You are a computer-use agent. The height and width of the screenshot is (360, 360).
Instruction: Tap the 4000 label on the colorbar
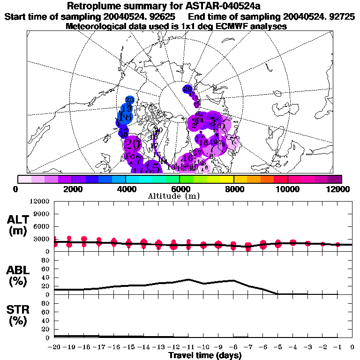point(126,188)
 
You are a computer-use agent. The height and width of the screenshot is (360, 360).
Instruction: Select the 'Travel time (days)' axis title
point(205,356)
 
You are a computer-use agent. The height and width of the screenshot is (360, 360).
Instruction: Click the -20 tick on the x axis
point(54,347)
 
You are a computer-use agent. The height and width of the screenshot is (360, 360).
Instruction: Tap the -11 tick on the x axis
point(188,347)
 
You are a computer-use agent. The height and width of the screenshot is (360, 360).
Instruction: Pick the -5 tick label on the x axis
point(278,347)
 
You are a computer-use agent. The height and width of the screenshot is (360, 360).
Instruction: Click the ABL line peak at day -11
point(188,279)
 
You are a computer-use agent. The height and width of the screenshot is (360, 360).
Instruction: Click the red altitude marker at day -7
point(248,246)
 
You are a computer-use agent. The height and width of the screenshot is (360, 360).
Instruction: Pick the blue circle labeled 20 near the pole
point(188,89)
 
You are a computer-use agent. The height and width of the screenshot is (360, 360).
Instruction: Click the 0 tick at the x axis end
point(352,347)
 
